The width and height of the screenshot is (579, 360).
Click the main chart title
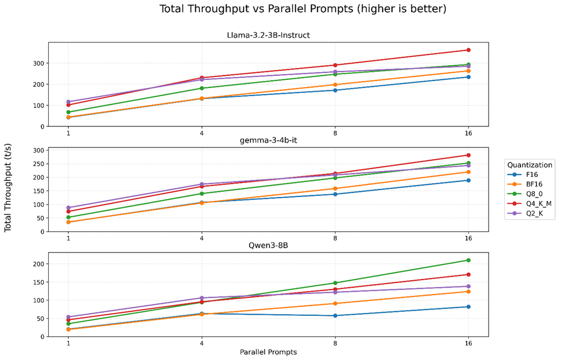pos(303,9)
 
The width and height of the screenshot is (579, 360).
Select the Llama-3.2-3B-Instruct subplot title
pos(268,35)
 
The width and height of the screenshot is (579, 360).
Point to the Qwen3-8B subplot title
pos(268,246)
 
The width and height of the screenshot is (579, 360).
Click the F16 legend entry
pos(532,174)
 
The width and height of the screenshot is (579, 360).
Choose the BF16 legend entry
pos(534,184)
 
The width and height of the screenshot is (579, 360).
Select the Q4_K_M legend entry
pos(538,204)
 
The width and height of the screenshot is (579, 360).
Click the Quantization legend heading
pos(529,165)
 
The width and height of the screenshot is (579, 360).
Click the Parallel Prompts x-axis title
pos(268,352)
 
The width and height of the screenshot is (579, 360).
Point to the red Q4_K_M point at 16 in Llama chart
pos(468,50)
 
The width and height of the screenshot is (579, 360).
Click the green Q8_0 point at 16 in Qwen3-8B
pos(468,260)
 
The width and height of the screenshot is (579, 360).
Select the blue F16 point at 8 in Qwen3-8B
pos(335,315)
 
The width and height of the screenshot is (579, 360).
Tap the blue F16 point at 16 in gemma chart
pos(468,180)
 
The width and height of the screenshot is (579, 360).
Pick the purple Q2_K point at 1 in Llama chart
pos(68,102)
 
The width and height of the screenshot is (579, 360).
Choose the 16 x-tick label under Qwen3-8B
pos(468,343)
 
